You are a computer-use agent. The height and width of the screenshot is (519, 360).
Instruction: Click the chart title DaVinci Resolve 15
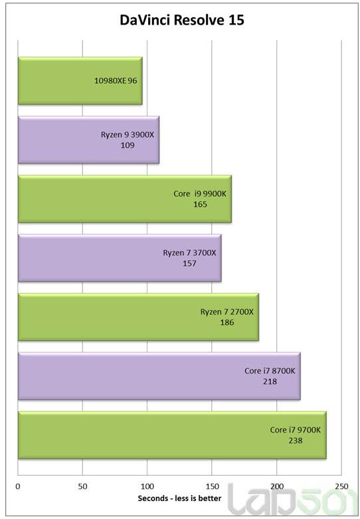(181, 21)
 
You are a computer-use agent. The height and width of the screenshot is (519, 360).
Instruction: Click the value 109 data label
(128, 145)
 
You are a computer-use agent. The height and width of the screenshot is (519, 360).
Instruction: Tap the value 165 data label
(200, 204)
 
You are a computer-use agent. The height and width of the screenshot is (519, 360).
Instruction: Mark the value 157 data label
(190, 263)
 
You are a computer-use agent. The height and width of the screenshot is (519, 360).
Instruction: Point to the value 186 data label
(226, 322)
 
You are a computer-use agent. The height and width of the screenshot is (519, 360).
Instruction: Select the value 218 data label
(270, 381)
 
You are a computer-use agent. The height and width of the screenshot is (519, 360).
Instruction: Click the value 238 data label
(296, 441)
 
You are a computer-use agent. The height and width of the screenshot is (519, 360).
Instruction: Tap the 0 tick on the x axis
(18, 486)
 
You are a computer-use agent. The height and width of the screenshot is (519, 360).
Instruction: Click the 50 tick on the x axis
(82, 486)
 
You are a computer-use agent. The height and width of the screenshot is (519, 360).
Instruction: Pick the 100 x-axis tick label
(147, 486)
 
